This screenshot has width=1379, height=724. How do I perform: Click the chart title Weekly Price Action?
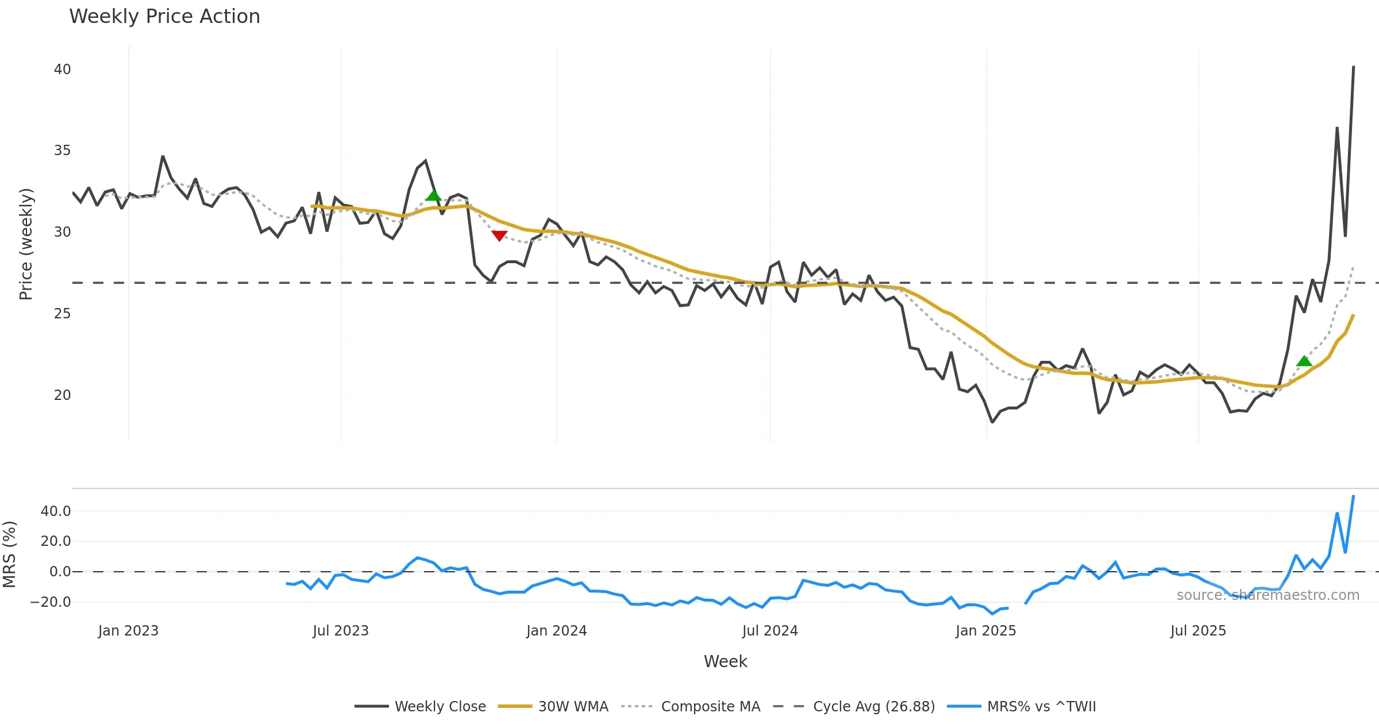point(164,17)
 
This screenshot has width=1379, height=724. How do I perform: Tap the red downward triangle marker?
point(499,236)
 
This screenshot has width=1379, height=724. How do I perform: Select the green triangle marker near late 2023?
point(433,195)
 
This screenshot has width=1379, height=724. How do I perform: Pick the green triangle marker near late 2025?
point(1304,361)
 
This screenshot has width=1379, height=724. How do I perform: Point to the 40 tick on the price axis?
point(62,70)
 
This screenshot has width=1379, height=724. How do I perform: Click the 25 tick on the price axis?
point(62,314)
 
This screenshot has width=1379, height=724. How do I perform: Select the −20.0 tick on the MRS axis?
point(51,602)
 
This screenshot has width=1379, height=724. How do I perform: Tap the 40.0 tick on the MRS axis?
point(56,511)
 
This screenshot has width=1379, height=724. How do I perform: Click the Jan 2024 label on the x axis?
point(556,631)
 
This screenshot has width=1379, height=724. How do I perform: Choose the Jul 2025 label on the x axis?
point(1198,631)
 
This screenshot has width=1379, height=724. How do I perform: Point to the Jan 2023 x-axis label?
point(128,631)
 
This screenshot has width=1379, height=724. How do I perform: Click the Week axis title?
point(725,662)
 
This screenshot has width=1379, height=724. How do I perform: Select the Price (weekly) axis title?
point(26,244)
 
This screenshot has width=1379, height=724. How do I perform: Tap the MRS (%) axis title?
point(9,554)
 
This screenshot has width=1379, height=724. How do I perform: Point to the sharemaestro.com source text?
point(1268,595)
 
